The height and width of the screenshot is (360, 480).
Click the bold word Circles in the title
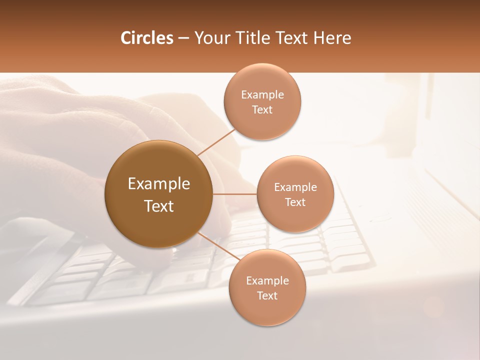[147, 38]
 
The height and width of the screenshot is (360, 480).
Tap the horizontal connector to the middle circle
[234, 194]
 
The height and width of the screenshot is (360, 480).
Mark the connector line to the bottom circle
[218, 246]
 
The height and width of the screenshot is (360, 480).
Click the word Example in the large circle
[159, 184]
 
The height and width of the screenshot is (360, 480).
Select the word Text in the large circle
[159, 206]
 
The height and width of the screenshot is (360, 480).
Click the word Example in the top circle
[262, 95]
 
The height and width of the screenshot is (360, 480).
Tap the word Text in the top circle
[262, 110]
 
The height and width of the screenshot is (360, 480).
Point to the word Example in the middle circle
[295, 187]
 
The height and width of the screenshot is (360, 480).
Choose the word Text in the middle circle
[295, 202]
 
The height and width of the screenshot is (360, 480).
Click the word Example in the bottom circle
[267, 281]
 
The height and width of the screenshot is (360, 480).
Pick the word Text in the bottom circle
[267, 296]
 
